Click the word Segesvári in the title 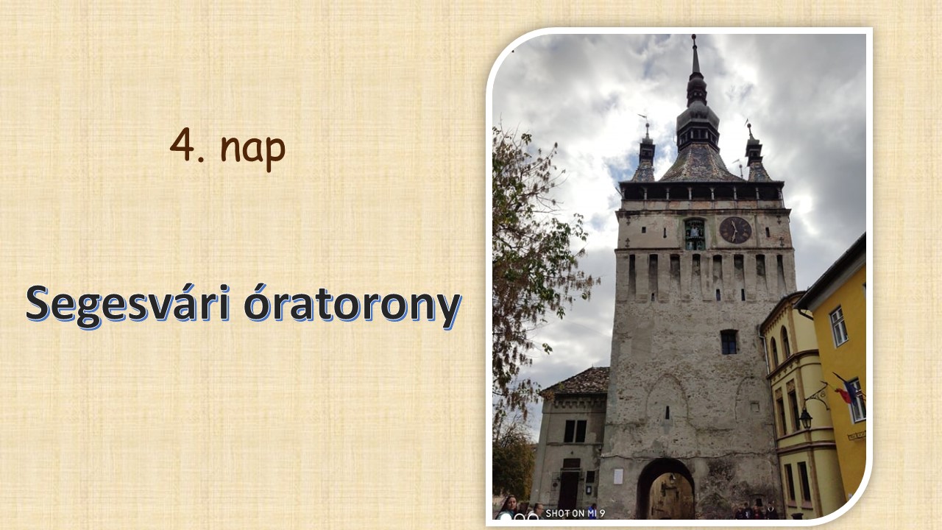point(128,305)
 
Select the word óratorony point(353,305)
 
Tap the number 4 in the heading point(182,145)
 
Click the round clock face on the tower point(735,230)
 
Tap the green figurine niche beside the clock point(695,234)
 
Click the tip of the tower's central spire point(693,36)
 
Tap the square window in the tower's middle point(729,342)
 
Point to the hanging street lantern point(805,419)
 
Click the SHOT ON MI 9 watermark point(575,513)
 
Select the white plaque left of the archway point(617,476)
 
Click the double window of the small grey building point(575,431)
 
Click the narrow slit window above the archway point(667,412)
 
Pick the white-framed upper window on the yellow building point(838,326)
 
